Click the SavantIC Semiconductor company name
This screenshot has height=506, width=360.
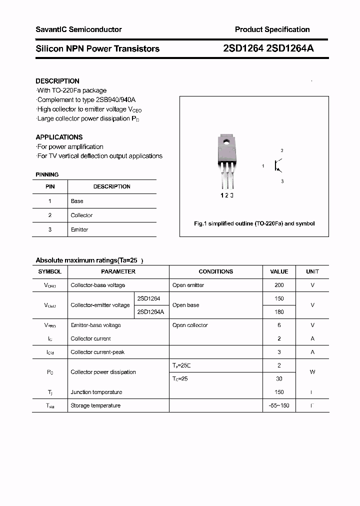tap(78, 29)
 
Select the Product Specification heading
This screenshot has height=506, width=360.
tap(272, 29)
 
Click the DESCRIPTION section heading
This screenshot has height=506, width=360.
tap(57, 81)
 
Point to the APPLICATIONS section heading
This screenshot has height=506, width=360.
tap(59, 137)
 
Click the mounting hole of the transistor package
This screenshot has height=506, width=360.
tap(226, 141)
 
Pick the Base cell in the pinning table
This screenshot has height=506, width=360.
tap(77, 201)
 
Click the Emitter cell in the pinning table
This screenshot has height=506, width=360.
tap(79, 229)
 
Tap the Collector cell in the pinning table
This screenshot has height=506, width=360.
tap(81, 215)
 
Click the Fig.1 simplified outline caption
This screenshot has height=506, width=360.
tap(254, 223)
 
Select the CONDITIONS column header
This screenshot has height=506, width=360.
tap(215, 271)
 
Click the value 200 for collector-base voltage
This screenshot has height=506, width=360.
tap(279, 285)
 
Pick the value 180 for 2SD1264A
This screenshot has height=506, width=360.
tap(279, 311)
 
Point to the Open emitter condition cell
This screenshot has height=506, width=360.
tap(188, 285)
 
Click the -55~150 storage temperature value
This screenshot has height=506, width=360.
tap(279, 405)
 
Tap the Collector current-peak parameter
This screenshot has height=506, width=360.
tap(97, 352)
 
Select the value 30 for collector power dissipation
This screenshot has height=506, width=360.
tap(279, 378)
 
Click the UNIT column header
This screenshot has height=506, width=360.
tap(312, 271)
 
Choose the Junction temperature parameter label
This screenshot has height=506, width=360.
tap(96, 392)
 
